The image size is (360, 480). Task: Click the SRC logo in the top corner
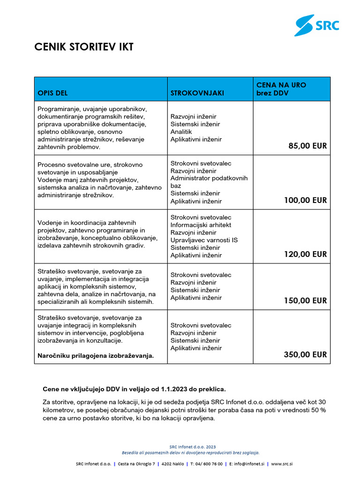pyautogui.click(x=316, y=25)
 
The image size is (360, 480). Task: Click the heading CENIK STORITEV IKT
pyautogui.click(x=84, y=47)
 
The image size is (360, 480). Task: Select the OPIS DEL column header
pyautogui.click(x=52, y=93)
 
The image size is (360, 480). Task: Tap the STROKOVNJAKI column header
pyautogui.click(x=197, y=93)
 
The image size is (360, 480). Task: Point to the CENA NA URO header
pyautogui.click(x=281, y=85)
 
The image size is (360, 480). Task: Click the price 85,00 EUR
pyautogui.click(x=307, y=146)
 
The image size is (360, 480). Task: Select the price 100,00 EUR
pyautogui.click(x=305, y=201)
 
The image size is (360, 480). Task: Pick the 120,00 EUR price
pyautogui.click(x=305, y=255)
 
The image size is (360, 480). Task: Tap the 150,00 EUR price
pyautogui.click(x=305, y=301)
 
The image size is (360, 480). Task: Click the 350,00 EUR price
pyautogui.click(x=305, y=355)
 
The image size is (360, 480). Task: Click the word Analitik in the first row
pyautogui.click(x=181, y=132)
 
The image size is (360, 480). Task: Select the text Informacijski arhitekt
pyautogui.click(x=201, y=225)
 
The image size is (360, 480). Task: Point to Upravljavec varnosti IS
pyautogui.click(x=204, y=240)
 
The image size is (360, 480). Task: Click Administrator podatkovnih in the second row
pyautogui.click(x=209, y=178)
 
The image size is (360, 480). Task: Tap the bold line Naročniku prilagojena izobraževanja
pyautogui.click(x=96, y=356)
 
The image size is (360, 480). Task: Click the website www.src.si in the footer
pyautogui.click(x=282, y=464)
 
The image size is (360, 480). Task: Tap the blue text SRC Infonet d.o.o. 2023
pyautogui.click(x=193, y=447)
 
